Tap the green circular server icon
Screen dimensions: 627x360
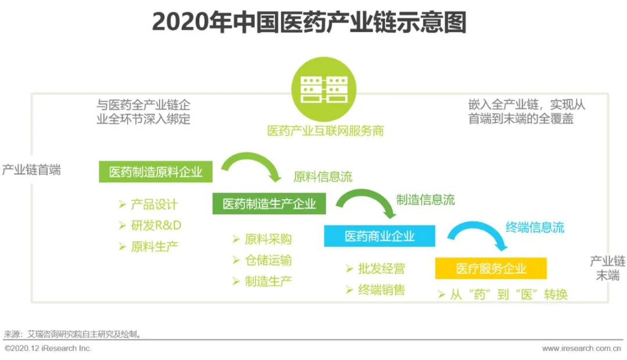coord(323,89)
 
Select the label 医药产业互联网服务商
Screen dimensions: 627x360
coord(326,131)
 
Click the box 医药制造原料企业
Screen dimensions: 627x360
coord(156,172)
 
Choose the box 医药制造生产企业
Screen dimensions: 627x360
coord(269,204)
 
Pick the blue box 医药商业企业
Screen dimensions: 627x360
coord(380,236)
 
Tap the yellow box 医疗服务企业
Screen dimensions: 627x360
coord(491,268)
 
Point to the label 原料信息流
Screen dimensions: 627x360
coord(323,177)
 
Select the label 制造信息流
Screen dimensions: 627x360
coord(426,200)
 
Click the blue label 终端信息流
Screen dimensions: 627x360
coord(535,227)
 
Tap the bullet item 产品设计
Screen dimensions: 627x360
coord(149,204)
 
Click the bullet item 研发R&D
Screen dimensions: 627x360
coord(150,225)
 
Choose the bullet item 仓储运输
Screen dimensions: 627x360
coord(262,260)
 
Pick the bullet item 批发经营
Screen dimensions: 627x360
coord(376,268)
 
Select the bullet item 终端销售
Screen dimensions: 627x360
coord(376,290)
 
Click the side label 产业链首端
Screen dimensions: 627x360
coord(31,170)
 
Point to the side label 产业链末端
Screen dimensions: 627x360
coord(607,268)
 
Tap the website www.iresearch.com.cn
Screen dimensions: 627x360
coord(581,348)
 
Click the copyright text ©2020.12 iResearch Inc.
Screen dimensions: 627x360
coord(48,348)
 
